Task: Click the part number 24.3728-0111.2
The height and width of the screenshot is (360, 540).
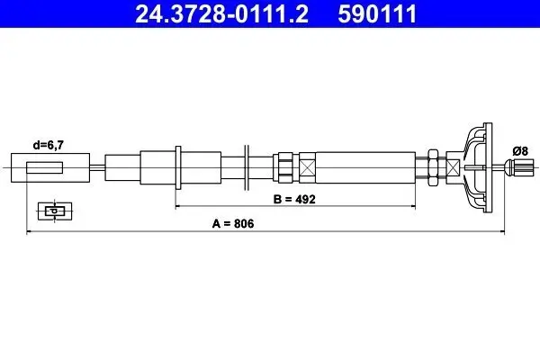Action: coord(221,13)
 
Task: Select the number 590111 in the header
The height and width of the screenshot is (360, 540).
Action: coord(377,13)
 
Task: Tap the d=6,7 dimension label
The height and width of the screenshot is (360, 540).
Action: coord(49,146)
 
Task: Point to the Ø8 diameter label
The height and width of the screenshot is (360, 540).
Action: coord(520,151)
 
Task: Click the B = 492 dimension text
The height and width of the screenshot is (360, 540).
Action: coord(294,200)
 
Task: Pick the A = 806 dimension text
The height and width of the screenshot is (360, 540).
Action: coord(233,223)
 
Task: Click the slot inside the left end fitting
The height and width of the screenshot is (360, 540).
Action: coord(44,167)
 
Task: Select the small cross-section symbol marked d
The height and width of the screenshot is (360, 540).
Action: coord(55,211)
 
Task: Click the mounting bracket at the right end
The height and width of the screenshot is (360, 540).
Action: coord(479,167)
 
